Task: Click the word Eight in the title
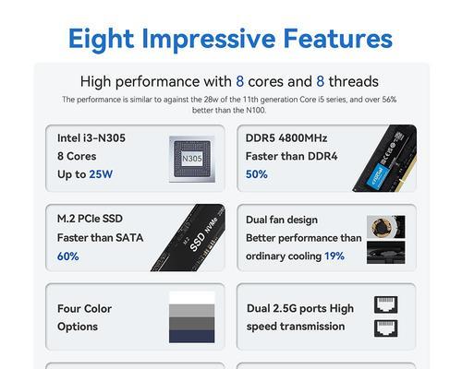(x=101, y=39)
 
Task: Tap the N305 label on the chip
(x=192, y=159)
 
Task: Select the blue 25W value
(x=101, y=174)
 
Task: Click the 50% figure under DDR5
(x=257, y=174)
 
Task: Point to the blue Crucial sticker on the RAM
(x=379, y=176)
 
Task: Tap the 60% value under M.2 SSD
(x=68, y=256)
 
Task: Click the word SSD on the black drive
(x=198, y=242)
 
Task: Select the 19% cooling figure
(x=334, y=256)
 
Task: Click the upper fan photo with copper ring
(x=386, y=227)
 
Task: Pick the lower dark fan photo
(x=386, y=253)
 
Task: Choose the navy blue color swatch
(x=192, y=337)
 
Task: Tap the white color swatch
(x=192, y=298)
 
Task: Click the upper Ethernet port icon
(x=385, y=304)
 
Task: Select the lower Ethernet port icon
(x=385, y=328)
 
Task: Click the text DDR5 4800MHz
(x=286, y=138)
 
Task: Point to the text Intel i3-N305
(x=91, y=138)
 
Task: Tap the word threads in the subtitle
(x=354, y=81)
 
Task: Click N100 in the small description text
(x=255, y=110)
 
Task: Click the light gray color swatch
(x=192, y=311)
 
